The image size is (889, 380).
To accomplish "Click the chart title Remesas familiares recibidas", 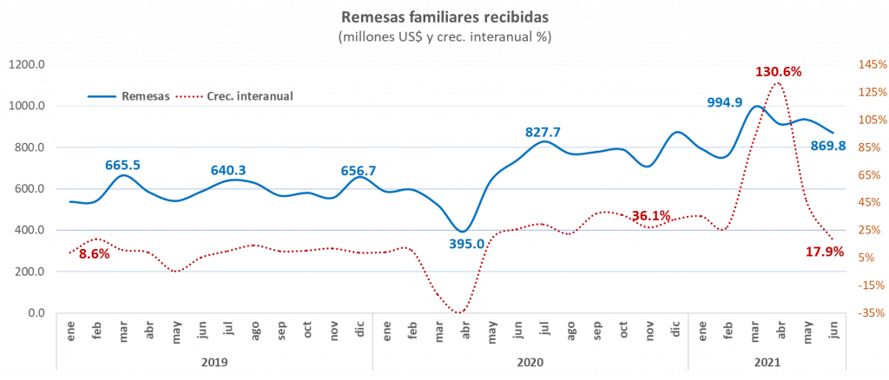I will coord(444,16).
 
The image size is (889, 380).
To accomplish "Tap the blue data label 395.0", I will coord(466,245).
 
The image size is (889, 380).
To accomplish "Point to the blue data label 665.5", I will coord(122,164).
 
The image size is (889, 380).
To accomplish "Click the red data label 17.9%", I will coord(826,252).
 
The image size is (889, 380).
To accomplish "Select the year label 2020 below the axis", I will coord(530,362).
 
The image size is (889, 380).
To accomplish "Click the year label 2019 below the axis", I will coord(214,362).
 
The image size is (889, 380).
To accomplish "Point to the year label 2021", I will coord(767,362).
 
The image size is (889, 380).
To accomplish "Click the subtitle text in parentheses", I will coord(444,37).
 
